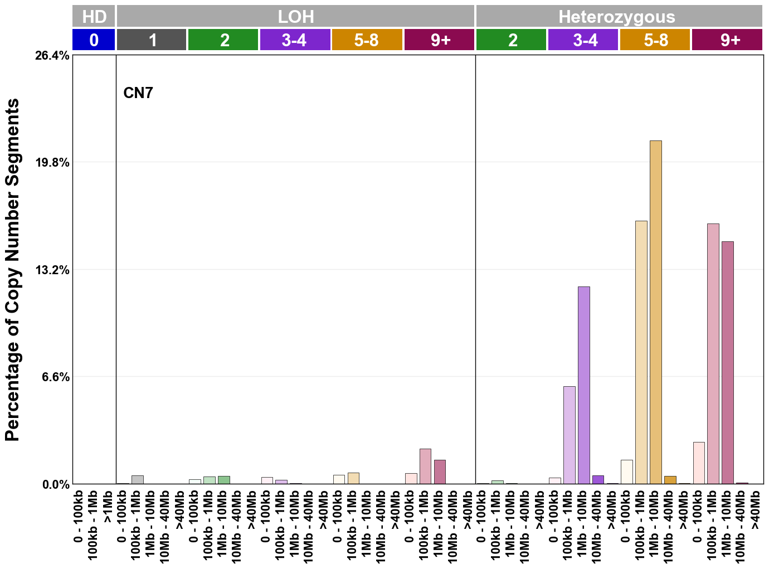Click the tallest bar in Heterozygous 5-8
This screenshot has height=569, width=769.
click(655, 312)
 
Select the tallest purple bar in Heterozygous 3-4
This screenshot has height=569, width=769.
click(583, 385)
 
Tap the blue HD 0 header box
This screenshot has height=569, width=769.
click(94, 40)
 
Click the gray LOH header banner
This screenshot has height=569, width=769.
click(295, 16)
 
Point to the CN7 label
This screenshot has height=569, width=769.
click(138, 93)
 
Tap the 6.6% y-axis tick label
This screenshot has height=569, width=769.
click(56, 377)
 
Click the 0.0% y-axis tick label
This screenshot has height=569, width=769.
click(56, 484)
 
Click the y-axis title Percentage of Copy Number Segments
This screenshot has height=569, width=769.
click(12, 270)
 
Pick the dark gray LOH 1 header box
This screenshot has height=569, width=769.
click(152, 40)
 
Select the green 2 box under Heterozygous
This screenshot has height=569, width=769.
click(511, 40)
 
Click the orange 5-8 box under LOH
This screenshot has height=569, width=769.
click(367, 40)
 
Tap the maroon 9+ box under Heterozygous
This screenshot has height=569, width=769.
click(727, 40)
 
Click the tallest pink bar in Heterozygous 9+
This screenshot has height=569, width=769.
click(713, 353)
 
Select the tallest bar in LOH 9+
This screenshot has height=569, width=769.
click(425, 466)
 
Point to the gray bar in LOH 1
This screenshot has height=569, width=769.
click(137, 479)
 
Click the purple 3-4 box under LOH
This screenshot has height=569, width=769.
click(295, 40)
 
